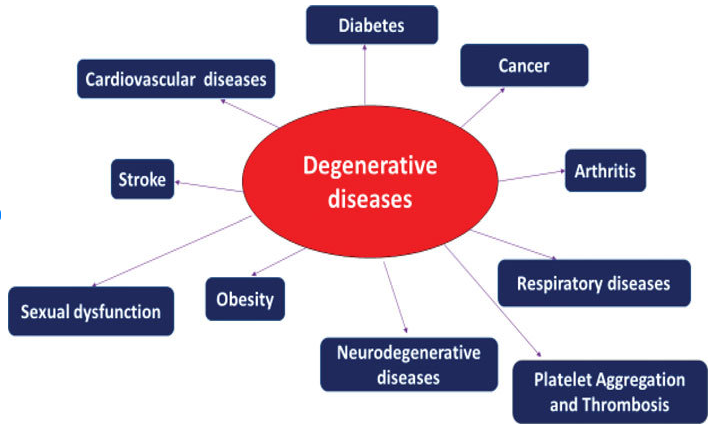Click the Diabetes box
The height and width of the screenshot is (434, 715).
click(371, 25)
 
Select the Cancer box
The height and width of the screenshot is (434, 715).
click(524, 66)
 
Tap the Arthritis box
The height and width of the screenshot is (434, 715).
click(605, 170)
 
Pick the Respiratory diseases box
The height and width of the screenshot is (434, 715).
click(593, 283)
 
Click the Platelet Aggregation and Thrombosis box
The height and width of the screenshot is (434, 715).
click(609, 392)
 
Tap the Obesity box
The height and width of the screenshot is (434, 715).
click(245, 298)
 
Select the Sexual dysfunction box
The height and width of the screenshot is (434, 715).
click(91, 311)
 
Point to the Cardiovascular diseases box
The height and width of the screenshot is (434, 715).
click(176, 79)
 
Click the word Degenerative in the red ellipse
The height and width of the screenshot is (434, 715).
click(370, 166)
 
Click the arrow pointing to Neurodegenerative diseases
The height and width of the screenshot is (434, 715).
click(395, 295)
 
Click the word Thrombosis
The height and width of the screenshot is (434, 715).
click(627, 405)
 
